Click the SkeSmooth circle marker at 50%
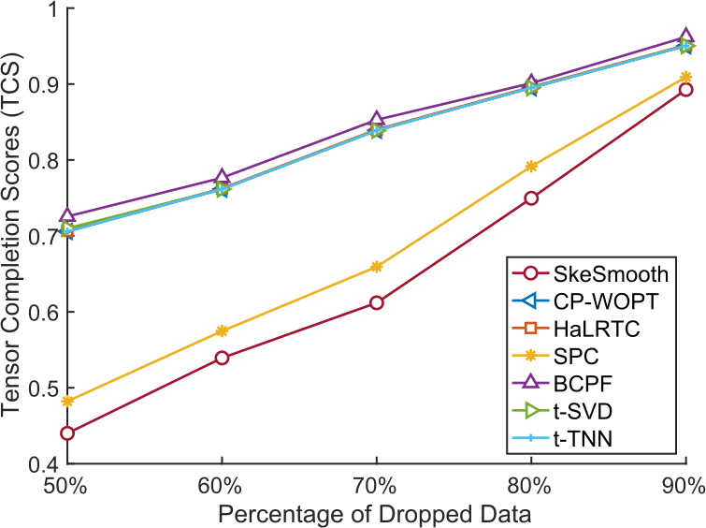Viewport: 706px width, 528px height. tap(67, 433)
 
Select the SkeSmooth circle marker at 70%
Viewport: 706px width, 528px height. tap(377, 302)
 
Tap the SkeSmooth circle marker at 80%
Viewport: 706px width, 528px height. tap(531, 198)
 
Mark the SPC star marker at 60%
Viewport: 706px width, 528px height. tap(222, 330)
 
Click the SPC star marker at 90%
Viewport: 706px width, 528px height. tap(685, 77)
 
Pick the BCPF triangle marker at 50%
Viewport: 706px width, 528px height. tap(67, 216)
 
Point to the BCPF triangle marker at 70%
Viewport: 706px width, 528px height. tap(377, 120)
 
